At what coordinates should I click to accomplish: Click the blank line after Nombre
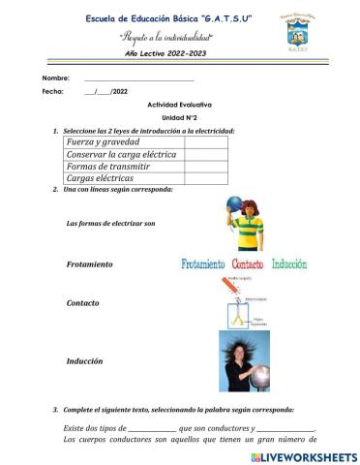(x=139, y=77)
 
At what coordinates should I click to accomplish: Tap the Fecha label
(x=52, y=90)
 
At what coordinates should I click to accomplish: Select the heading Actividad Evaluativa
(x=179, y=103)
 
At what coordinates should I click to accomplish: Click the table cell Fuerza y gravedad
(x=121, y=141)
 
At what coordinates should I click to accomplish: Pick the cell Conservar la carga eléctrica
(x=121, y=154)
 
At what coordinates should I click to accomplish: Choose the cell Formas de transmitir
(x=121, y=166)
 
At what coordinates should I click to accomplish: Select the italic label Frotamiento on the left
(x=90, y=264)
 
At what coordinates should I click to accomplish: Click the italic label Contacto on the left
(x=83, y=303)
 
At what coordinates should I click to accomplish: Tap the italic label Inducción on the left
(x=85, y=361)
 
